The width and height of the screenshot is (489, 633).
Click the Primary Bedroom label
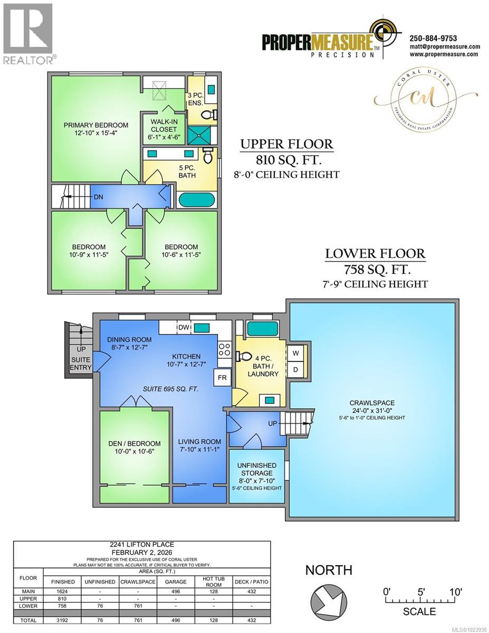click(x=95, y=125)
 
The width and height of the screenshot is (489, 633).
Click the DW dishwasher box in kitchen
click(x=183, y=328)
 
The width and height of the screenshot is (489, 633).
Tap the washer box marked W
click(x=295, y=352)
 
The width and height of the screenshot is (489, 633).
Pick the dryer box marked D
click(x=295, y=370)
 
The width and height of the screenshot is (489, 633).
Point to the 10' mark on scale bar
click(x=455, y=592)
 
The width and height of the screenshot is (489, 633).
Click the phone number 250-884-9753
click(x=433, y=38)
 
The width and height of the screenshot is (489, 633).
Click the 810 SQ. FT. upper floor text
click(x=287, y=160)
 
